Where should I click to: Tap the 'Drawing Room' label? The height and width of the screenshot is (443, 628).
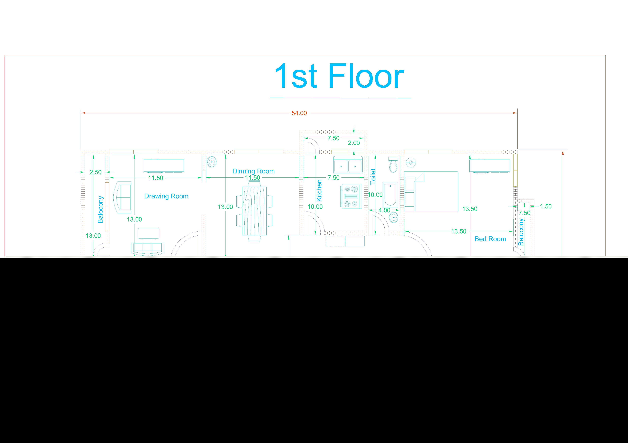(x=166, y=196)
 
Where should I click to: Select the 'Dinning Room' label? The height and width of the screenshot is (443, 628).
(x=254, y=171)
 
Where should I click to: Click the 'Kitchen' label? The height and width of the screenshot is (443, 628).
(x=319, y=191)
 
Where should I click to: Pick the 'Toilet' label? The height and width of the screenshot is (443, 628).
(x=373, y=177)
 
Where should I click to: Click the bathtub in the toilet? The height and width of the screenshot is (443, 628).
(x=390, y=194)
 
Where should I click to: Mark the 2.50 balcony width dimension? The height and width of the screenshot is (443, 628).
(x=95, y=172)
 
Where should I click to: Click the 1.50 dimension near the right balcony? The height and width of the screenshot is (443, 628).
(x=546, y=206)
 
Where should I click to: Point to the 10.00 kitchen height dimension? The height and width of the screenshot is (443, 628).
(x=315, y=207)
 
